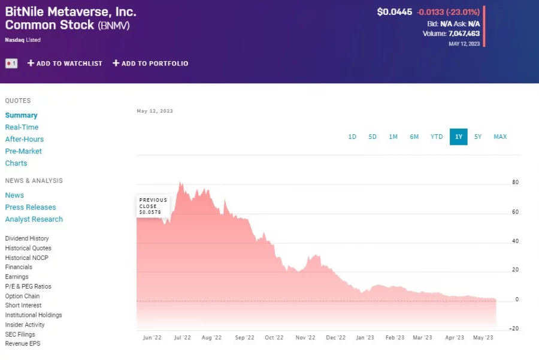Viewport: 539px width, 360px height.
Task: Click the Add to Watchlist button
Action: pos(65,63)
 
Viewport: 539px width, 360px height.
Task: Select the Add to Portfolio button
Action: pos(150,63)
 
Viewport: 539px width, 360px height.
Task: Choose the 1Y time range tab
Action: pos(459,137)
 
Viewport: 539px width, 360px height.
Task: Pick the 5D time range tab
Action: pos(373,137)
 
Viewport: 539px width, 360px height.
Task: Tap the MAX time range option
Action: pos(500,137)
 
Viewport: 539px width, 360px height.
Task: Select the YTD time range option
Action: pos(437,137)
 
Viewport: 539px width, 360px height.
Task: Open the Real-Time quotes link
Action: pos(22,127)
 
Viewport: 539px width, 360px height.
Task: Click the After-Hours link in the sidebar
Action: pos(25,139)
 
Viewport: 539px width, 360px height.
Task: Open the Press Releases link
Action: pos(31,207)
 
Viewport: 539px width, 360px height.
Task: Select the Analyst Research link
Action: pos(34,219)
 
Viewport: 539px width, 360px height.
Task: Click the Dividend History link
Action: pos(27,238)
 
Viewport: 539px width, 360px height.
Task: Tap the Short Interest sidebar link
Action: pos(23,305)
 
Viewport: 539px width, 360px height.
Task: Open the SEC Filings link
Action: pos(20,334)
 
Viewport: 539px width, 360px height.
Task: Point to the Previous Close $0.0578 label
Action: pos(153,206)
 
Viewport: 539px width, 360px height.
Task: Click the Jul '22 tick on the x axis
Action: pos(182,338)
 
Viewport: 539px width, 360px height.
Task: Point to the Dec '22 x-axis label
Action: pos(335,338)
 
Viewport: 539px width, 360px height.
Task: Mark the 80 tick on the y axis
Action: pos(515,183)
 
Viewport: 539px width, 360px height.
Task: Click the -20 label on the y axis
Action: pos(514,328)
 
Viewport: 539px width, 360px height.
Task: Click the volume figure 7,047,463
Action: pos(464,34)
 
